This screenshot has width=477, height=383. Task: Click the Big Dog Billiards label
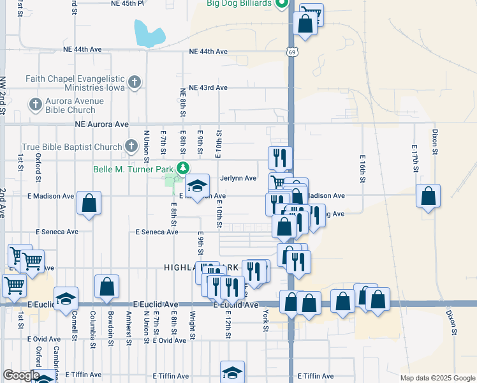[240, 3]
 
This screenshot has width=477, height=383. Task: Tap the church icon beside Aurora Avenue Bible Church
[35, 103]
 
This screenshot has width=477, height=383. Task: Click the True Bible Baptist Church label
[71, 147]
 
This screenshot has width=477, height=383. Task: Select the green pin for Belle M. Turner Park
[183, 168]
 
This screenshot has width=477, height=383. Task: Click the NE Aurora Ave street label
[102, 124]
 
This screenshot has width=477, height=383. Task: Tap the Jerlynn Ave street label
[238, 179]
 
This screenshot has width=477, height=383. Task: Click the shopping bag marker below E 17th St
[429, 197]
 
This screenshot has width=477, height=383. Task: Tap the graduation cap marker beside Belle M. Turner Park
[198, 186]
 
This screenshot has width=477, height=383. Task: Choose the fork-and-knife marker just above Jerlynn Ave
[280, 157]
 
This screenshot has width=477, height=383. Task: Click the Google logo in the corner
[21, 375]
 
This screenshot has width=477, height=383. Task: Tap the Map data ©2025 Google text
[437, 378]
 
